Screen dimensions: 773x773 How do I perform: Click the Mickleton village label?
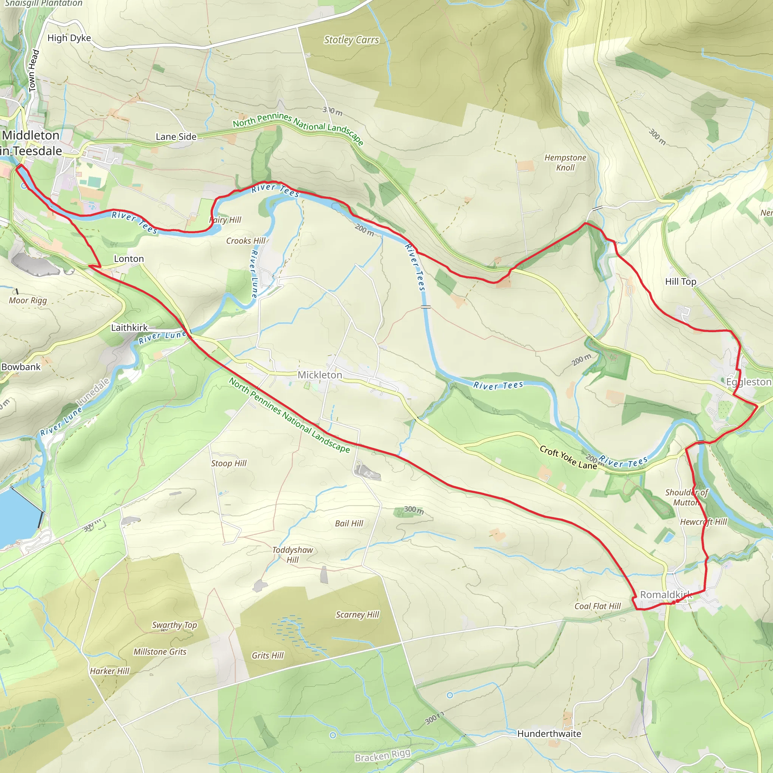click(x=320, y=375)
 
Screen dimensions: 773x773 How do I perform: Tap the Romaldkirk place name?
click(x=666, y=594)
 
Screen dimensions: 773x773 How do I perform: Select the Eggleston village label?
click(x=748, y=382)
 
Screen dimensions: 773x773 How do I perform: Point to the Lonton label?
click(x=129, y=259)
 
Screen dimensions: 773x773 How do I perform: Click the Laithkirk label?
click(x=129, y=328)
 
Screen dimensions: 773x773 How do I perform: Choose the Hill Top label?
click(x=681, y=282)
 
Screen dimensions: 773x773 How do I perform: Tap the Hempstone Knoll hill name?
click(x=565, y=162)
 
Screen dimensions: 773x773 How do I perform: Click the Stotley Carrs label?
click(x=351, y=40)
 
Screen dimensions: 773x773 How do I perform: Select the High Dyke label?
click(x=69, y=38)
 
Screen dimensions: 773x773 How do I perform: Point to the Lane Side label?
click(x=176, y=137)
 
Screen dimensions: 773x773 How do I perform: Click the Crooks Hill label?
click(x=246, y=241)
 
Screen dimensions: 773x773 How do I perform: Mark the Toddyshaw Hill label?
click(x=293, y=554)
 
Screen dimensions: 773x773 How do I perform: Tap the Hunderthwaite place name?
click(x=549, y=734)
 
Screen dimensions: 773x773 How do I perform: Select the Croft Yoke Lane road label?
click(x=568, y=457)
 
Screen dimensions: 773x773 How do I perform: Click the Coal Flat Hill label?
click(x=597, y=606)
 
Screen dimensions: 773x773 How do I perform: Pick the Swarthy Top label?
click(x=174, y=625)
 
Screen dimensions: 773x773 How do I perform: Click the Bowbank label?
click(x=21, y=367)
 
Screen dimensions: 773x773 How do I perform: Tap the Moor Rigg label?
click(x=28, y=300)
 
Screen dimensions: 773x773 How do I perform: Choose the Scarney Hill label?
click(x=357, y=614)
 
